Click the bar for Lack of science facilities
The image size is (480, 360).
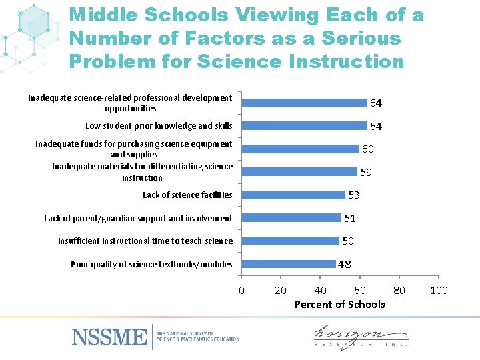tap(293, 195)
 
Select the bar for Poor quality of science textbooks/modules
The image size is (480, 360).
tap(288, 264)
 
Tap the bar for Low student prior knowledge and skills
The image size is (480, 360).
tap(304, 125)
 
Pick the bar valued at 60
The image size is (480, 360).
tap(300, 149)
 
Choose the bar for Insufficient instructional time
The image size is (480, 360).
tap(290, 241)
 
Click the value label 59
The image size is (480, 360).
tap(366, 173)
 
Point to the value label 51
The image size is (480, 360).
tap(350, 218)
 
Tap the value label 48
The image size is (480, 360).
tap(345, 264)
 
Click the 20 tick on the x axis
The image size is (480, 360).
tap(281, 290)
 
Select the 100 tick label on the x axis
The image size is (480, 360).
tap(439, 290)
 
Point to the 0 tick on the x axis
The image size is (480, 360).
tap(241, 290)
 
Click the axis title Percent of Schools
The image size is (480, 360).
tap(339, 304)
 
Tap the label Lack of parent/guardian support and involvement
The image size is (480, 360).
tap(138, 218)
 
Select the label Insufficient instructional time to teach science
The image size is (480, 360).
tap(145, 241)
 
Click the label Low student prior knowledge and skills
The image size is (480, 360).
tap(159, 125)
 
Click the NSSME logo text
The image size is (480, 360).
tap(109, 336)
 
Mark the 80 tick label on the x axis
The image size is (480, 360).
tap(399, 290)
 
